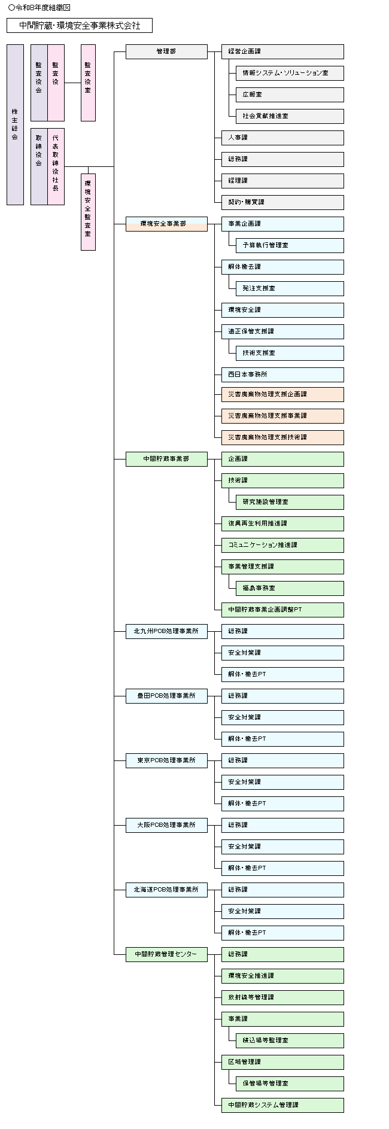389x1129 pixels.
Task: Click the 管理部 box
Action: [166, 51]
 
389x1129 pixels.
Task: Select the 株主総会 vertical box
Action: [15, 124]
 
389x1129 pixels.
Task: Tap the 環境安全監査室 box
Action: [88, 212]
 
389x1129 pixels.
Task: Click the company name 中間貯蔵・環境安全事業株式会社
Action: [80, 25]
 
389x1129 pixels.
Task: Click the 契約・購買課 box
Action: [282, 202]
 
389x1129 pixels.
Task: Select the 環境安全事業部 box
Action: [166, 224]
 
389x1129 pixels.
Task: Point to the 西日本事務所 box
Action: [282, 375]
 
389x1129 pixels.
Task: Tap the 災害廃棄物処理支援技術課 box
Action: [282, 437]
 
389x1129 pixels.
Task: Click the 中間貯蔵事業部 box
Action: [166, 459]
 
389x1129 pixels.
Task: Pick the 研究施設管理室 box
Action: [290, 502]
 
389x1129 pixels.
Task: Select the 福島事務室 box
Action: [290, 588]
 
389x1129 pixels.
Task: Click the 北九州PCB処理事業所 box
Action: [166, 631]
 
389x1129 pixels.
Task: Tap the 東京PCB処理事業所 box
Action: [166, 760]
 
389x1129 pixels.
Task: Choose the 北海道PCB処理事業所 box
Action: [166, 890]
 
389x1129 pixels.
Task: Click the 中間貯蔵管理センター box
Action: [166, 954]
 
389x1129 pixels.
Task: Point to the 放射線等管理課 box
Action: [282, 997]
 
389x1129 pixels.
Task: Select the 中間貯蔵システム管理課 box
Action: [282, 1105]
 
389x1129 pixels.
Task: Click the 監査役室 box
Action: [88, 83]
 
